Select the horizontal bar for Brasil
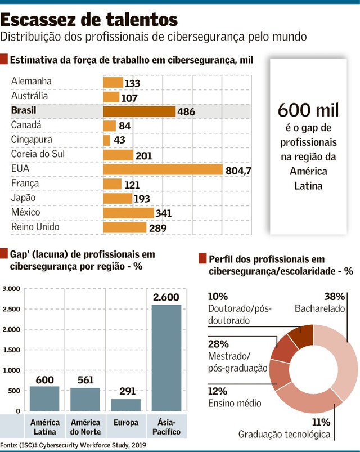point(139,111)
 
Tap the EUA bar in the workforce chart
point(163,169)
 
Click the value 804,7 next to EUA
point(238,170)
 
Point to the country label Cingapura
point(31,140)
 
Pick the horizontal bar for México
point(128,213)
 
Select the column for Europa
point(125,405)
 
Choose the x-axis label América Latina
point(45,427)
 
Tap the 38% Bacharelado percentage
point(334,296)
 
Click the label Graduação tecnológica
point(284,434)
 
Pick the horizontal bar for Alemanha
point(112,82)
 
